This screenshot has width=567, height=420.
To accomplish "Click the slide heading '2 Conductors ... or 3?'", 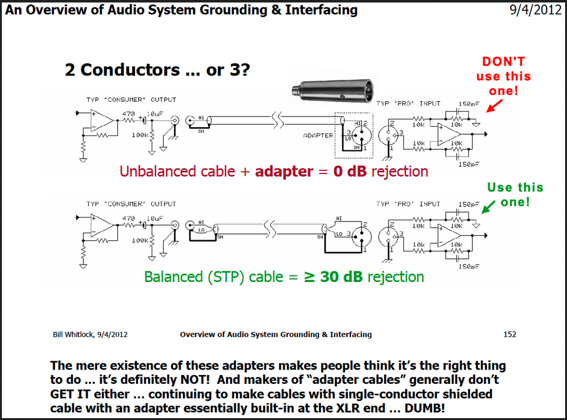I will click(158, 70).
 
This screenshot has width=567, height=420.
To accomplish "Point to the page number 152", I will click(510, 335).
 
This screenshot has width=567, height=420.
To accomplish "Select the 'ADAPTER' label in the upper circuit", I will click(318, 135).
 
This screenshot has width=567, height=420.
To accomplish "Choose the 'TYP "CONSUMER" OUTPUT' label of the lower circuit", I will click(131, 203).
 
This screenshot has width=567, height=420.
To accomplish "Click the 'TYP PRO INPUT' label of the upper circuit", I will click(408, 103).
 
